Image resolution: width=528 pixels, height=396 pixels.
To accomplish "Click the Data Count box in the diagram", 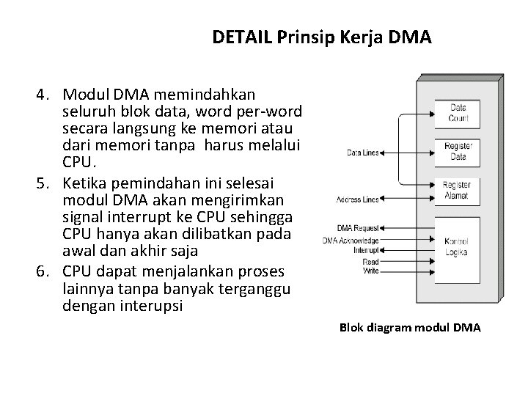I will (x=458, y=112).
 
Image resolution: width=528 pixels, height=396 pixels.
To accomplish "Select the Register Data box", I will (x=458, y=152).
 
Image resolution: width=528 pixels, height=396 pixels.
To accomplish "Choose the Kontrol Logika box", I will (x=458, y=247).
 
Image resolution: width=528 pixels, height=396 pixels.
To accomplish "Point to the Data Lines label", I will (x=363, y=153).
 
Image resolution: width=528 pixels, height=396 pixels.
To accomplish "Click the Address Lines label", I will (x=358, y=199).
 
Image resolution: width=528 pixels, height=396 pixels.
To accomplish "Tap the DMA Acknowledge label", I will (x=350, y=240).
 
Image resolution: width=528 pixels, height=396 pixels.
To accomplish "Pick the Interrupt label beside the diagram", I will (x=366, y=249).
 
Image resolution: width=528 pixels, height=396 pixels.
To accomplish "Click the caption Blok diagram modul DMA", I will (x=410, y=328).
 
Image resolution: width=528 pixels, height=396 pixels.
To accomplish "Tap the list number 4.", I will (x=45, y=95).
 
